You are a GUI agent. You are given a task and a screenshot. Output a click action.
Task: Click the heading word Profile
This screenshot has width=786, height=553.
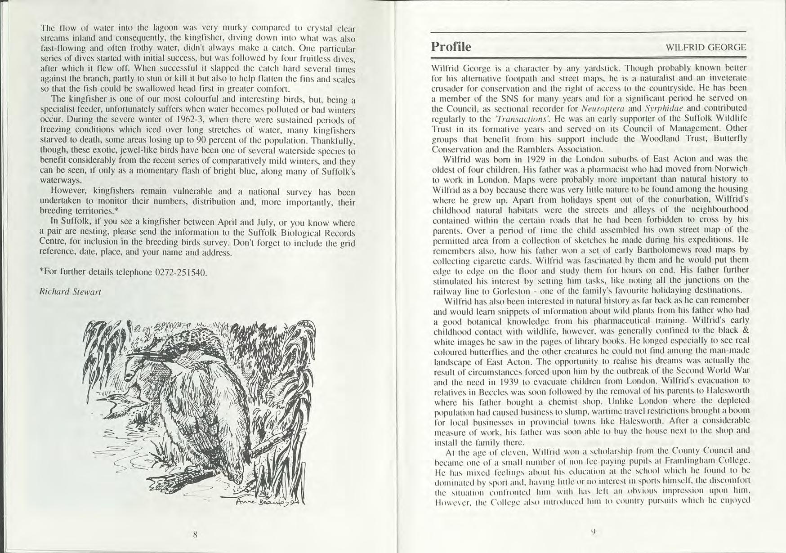[451, 47]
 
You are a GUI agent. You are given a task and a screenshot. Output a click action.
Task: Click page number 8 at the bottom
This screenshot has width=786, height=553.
[195, 535]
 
